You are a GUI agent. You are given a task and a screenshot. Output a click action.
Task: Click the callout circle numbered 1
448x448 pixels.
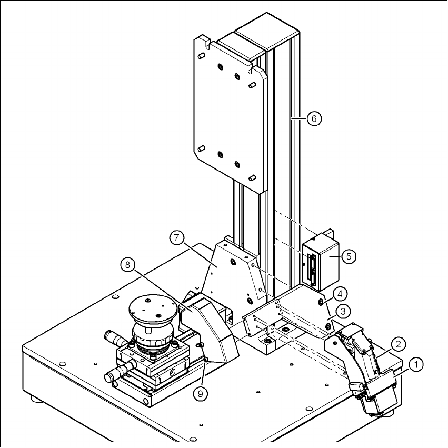tap(416, 365)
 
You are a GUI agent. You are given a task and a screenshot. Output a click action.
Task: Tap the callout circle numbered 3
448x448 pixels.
tap(343, 311)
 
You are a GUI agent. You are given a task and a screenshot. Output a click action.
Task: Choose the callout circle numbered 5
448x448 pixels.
tap(349, 256)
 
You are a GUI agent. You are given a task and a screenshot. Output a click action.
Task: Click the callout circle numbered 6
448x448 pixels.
tap(314, 118)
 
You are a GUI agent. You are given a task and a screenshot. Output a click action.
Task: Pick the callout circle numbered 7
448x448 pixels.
tap(176, 238)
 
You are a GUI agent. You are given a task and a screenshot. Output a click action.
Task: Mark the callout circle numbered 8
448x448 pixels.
tap(127, 265)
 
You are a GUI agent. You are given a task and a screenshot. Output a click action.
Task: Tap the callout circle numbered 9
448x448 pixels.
tap(200, 394)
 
